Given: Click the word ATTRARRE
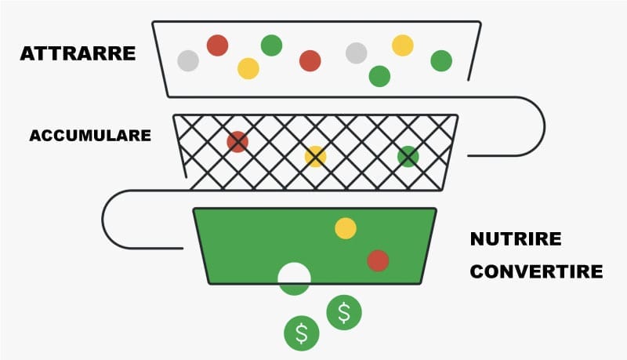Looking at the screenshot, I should pos(77,54).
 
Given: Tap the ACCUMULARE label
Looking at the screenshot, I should pos(90,136).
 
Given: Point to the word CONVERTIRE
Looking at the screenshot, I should pos(536,272).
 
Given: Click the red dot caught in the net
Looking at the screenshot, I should pos(237,141).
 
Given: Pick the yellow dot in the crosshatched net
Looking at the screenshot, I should pos(315,156).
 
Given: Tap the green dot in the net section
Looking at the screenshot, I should pos(408,156).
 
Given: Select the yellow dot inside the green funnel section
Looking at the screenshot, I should pos(345,228).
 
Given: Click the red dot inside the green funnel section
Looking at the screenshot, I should pos(378,260).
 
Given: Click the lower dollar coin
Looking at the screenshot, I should pos(301,333).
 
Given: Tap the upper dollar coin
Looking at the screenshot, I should pos(343,312).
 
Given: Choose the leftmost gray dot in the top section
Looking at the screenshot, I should pos(188,60).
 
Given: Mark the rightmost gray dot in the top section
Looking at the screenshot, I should pos(356,53).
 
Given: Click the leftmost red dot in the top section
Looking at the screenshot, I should pos(217,45).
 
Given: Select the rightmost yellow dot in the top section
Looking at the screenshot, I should pos(402,45).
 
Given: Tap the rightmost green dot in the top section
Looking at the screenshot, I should pos(441,60).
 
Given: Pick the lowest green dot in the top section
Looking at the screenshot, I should pos(379,76).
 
